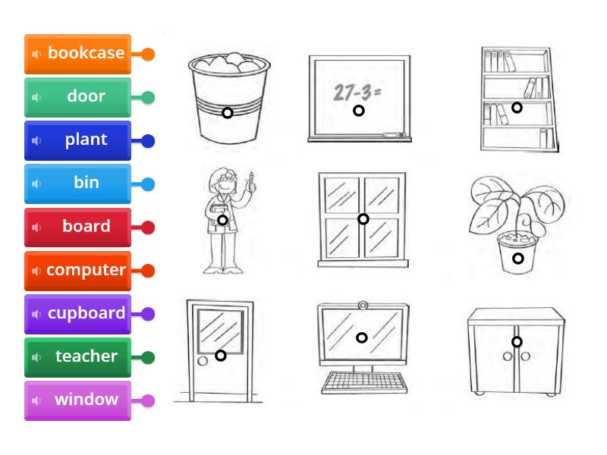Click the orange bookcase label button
(77, 54)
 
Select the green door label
(77, 97)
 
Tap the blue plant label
(77, 140)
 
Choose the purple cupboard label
(77, 314)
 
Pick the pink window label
(77, 400)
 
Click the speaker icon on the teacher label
(36, 357)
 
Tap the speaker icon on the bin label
(36, 184)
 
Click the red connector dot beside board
(148, 227)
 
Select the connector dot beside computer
(148, 271)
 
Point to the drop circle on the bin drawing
(228, 113)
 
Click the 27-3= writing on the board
(357, 93)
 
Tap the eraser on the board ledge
(393, 135)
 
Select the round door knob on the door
(203, 361)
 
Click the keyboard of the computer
(364, 382)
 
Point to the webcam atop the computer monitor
(363, 306)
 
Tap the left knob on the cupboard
(508, 356)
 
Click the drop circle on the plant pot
(518, 259)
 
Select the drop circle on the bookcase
(517, 108)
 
